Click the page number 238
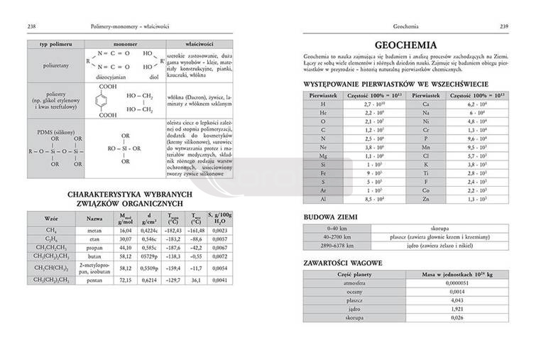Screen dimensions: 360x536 click(31, 26)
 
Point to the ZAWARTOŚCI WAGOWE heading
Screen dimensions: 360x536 click(346, 262)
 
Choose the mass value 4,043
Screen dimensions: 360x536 click(458, 300)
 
